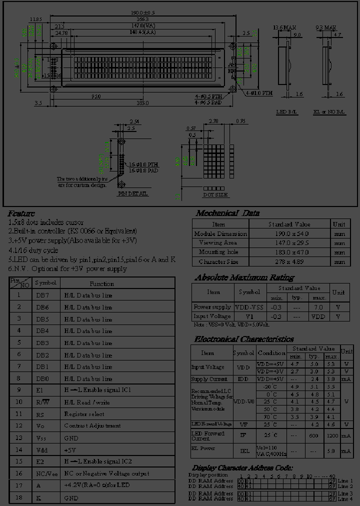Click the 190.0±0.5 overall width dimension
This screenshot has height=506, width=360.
[143, 12]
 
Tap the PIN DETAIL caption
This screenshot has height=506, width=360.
[133, 193]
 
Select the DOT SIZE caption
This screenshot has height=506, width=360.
[215, 194]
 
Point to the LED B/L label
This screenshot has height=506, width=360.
[288, 111]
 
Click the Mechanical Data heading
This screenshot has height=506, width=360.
[227, 213]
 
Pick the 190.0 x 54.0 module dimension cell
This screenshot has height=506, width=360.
[289, 233]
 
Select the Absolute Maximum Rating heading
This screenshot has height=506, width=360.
[244, 277]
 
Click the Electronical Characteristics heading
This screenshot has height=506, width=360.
[243, 339]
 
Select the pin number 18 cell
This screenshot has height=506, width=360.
[19, 497]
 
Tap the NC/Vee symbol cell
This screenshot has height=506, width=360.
[43, 473]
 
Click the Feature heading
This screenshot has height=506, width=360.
[21, 213]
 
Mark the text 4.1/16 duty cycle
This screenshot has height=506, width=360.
[33, 250]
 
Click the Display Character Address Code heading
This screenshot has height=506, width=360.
[242, 467]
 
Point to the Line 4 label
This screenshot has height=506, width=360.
[345, 499]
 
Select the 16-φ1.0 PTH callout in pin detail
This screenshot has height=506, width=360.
[144, 164]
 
